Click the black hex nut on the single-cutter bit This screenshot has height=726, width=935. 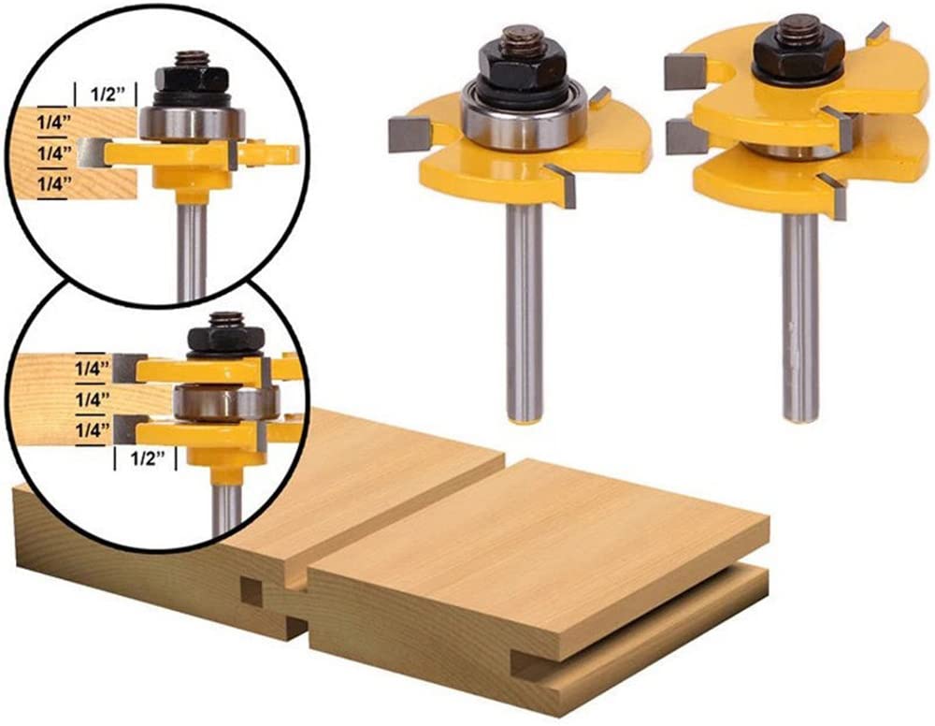[x=513, y=64]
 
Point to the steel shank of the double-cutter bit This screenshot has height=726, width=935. [x=799, y=318]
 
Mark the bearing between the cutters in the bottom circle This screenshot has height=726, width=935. [x=224, y=403]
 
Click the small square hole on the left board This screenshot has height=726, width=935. [x=250, y=590]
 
